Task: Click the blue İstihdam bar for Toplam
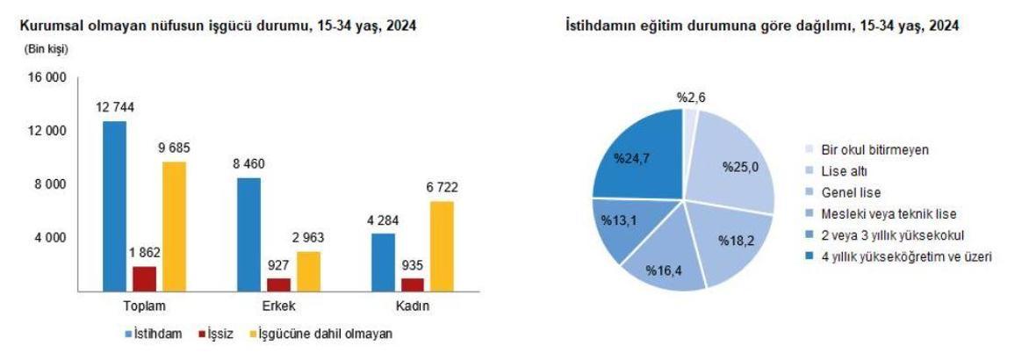click(114, 206)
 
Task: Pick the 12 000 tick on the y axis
click(49, 131)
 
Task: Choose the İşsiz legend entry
click(216, 334)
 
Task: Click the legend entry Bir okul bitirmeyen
click(874, 150)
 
